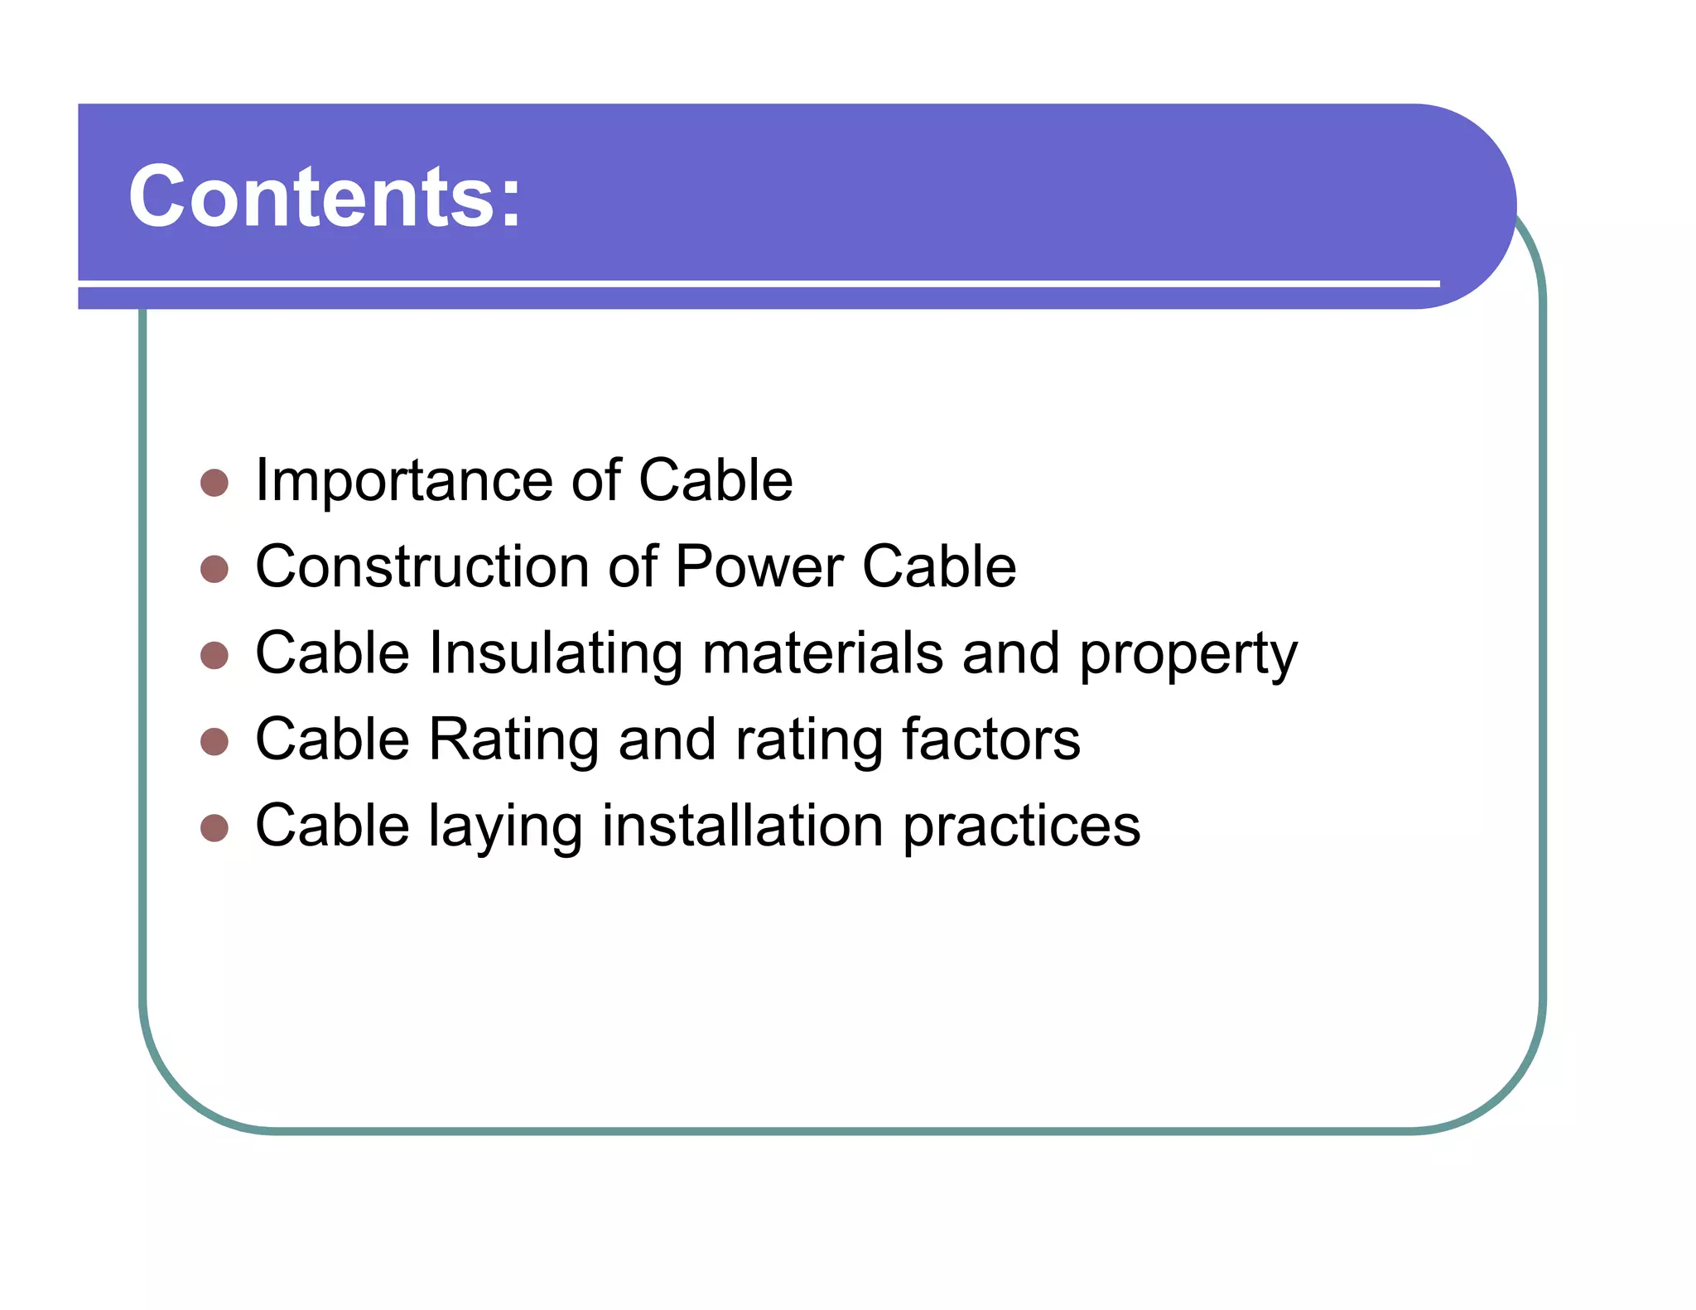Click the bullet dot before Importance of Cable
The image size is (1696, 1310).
(x=214, y=483)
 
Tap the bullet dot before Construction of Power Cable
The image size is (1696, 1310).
(x=214, y=569)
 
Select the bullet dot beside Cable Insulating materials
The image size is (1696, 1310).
(x=214, y=655)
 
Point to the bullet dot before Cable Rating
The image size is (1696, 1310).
(x=214, y=741)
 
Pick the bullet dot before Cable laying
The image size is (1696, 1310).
(x=214, y=827)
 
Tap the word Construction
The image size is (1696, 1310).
(x=422, y=567)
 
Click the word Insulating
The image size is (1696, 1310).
(x=555, y=653)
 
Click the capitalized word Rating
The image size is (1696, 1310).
(x=513, y=739)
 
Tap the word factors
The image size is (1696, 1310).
(x=990, y=739)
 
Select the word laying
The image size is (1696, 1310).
(x=505, y=827)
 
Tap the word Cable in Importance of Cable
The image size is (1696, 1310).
(x=715, y=481)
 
